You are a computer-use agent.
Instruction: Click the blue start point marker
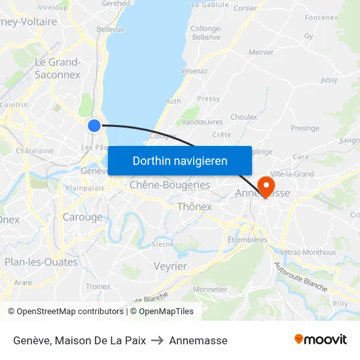click(x=94, y=125)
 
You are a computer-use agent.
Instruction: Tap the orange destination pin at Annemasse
click(x=266, y=186)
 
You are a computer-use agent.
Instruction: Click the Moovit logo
click(x=320, y=340)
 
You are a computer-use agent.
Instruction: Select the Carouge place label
click(x=82, y=217)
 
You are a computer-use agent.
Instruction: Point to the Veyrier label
click(x=170, y=266)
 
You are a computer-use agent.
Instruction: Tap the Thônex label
click(x=194, y=207)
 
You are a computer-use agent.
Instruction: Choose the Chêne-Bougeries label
click(x=170, y=185)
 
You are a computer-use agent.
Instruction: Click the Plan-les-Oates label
click(x=41, y=262)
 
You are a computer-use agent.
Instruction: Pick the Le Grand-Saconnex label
click(x=58, y=69)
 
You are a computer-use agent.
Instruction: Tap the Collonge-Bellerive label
click(x=206, y=33)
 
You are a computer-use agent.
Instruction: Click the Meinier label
click(x=261, y=52)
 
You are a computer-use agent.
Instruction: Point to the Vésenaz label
click(x=194, y=71)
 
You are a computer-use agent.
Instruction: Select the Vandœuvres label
click(x=202, y=122)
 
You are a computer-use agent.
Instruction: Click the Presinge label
click(x=304, y=128)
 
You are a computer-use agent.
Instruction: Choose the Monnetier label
click(x=211, y=289)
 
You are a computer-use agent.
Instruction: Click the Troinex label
click(x=98, y=286)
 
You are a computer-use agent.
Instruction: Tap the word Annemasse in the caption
click(x=198, y=340)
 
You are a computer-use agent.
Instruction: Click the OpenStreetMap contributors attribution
click(x=69, y=312)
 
